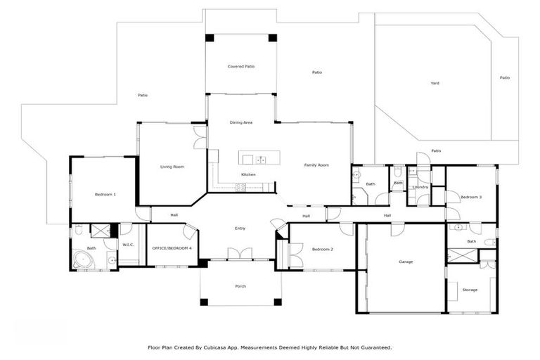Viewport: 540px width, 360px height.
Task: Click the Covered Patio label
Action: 240,66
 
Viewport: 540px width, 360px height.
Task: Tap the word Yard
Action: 435,83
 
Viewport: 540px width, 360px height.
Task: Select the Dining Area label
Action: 240,122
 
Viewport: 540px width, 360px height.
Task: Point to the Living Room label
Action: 172,167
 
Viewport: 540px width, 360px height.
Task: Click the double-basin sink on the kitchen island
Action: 259,159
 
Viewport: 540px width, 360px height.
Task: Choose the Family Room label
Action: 316,165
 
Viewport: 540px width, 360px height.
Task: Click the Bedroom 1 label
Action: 105,194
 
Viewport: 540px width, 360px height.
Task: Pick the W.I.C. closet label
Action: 128,245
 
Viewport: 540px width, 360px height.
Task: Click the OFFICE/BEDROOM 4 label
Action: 172,248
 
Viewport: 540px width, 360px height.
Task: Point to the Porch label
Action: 240,286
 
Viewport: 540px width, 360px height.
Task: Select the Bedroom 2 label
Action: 322,250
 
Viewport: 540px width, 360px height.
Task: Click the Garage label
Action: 406,262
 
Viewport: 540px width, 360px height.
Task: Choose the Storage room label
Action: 470,290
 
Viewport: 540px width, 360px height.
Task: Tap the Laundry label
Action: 420,187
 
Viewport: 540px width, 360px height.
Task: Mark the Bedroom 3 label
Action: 471,198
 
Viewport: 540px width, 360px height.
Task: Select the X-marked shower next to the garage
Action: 460,255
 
